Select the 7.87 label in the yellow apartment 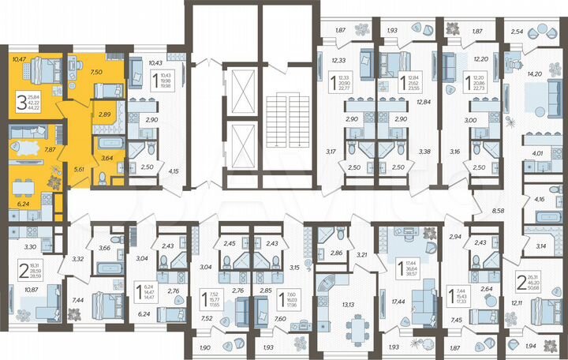tap(49, 148)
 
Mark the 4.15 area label tap(175, 171)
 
